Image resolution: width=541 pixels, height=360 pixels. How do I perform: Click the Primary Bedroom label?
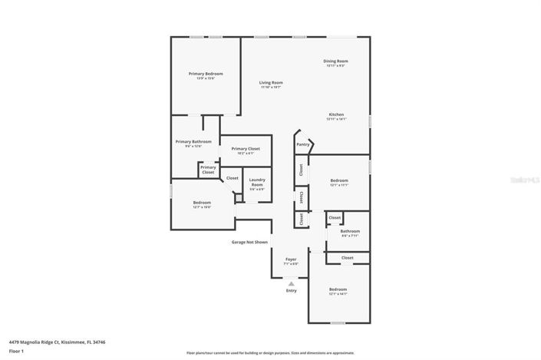[206, 74]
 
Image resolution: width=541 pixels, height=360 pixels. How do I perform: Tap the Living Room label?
[271, 83]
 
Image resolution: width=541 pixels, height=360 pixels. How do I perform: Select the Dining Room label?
[335, 61]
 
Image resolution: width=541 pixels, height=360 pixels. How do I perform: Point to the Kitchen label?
[336, 115]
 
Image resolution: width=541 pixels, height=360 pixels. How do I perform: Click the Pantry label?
[303, 144]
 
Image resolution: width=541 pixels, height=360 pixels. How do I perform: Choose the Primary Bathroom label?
[193, 142]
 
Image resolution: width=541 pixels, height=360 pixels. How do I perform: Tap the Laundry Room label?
[257, 182]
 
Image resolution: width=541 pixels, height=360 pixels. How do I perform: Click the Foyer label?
[291, 259]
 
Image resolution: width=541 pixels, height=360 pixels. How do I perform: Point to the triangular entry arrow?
[291, 282]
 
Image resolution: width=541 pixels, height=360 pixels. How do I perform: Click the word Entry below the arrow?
[291, 290]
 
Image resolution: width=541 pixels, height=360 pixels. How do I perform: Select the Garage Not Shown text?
[249, 242]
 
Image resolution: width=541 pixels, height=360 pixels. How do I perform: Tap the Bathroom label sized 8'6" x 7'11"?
[350, 231]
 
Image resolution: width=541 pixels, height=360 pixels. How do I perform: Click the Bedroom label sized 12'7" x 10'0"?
[202, 203]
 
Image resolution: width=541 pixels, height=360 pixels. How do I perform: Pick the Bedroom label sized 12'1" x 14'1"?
[338, 289]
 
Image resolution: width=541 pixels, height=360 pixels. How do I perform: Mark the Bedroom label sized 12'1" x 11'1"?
[339, 181]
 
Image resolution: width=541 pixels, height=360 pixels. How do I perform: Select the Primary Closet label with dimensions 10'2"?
[246, 149]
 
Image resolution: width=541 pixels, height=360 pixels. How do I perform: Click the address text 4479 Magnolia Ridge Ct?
[57, 342]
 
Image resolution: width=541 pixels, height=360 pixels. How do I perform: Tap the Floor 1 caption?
[17, 351]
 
